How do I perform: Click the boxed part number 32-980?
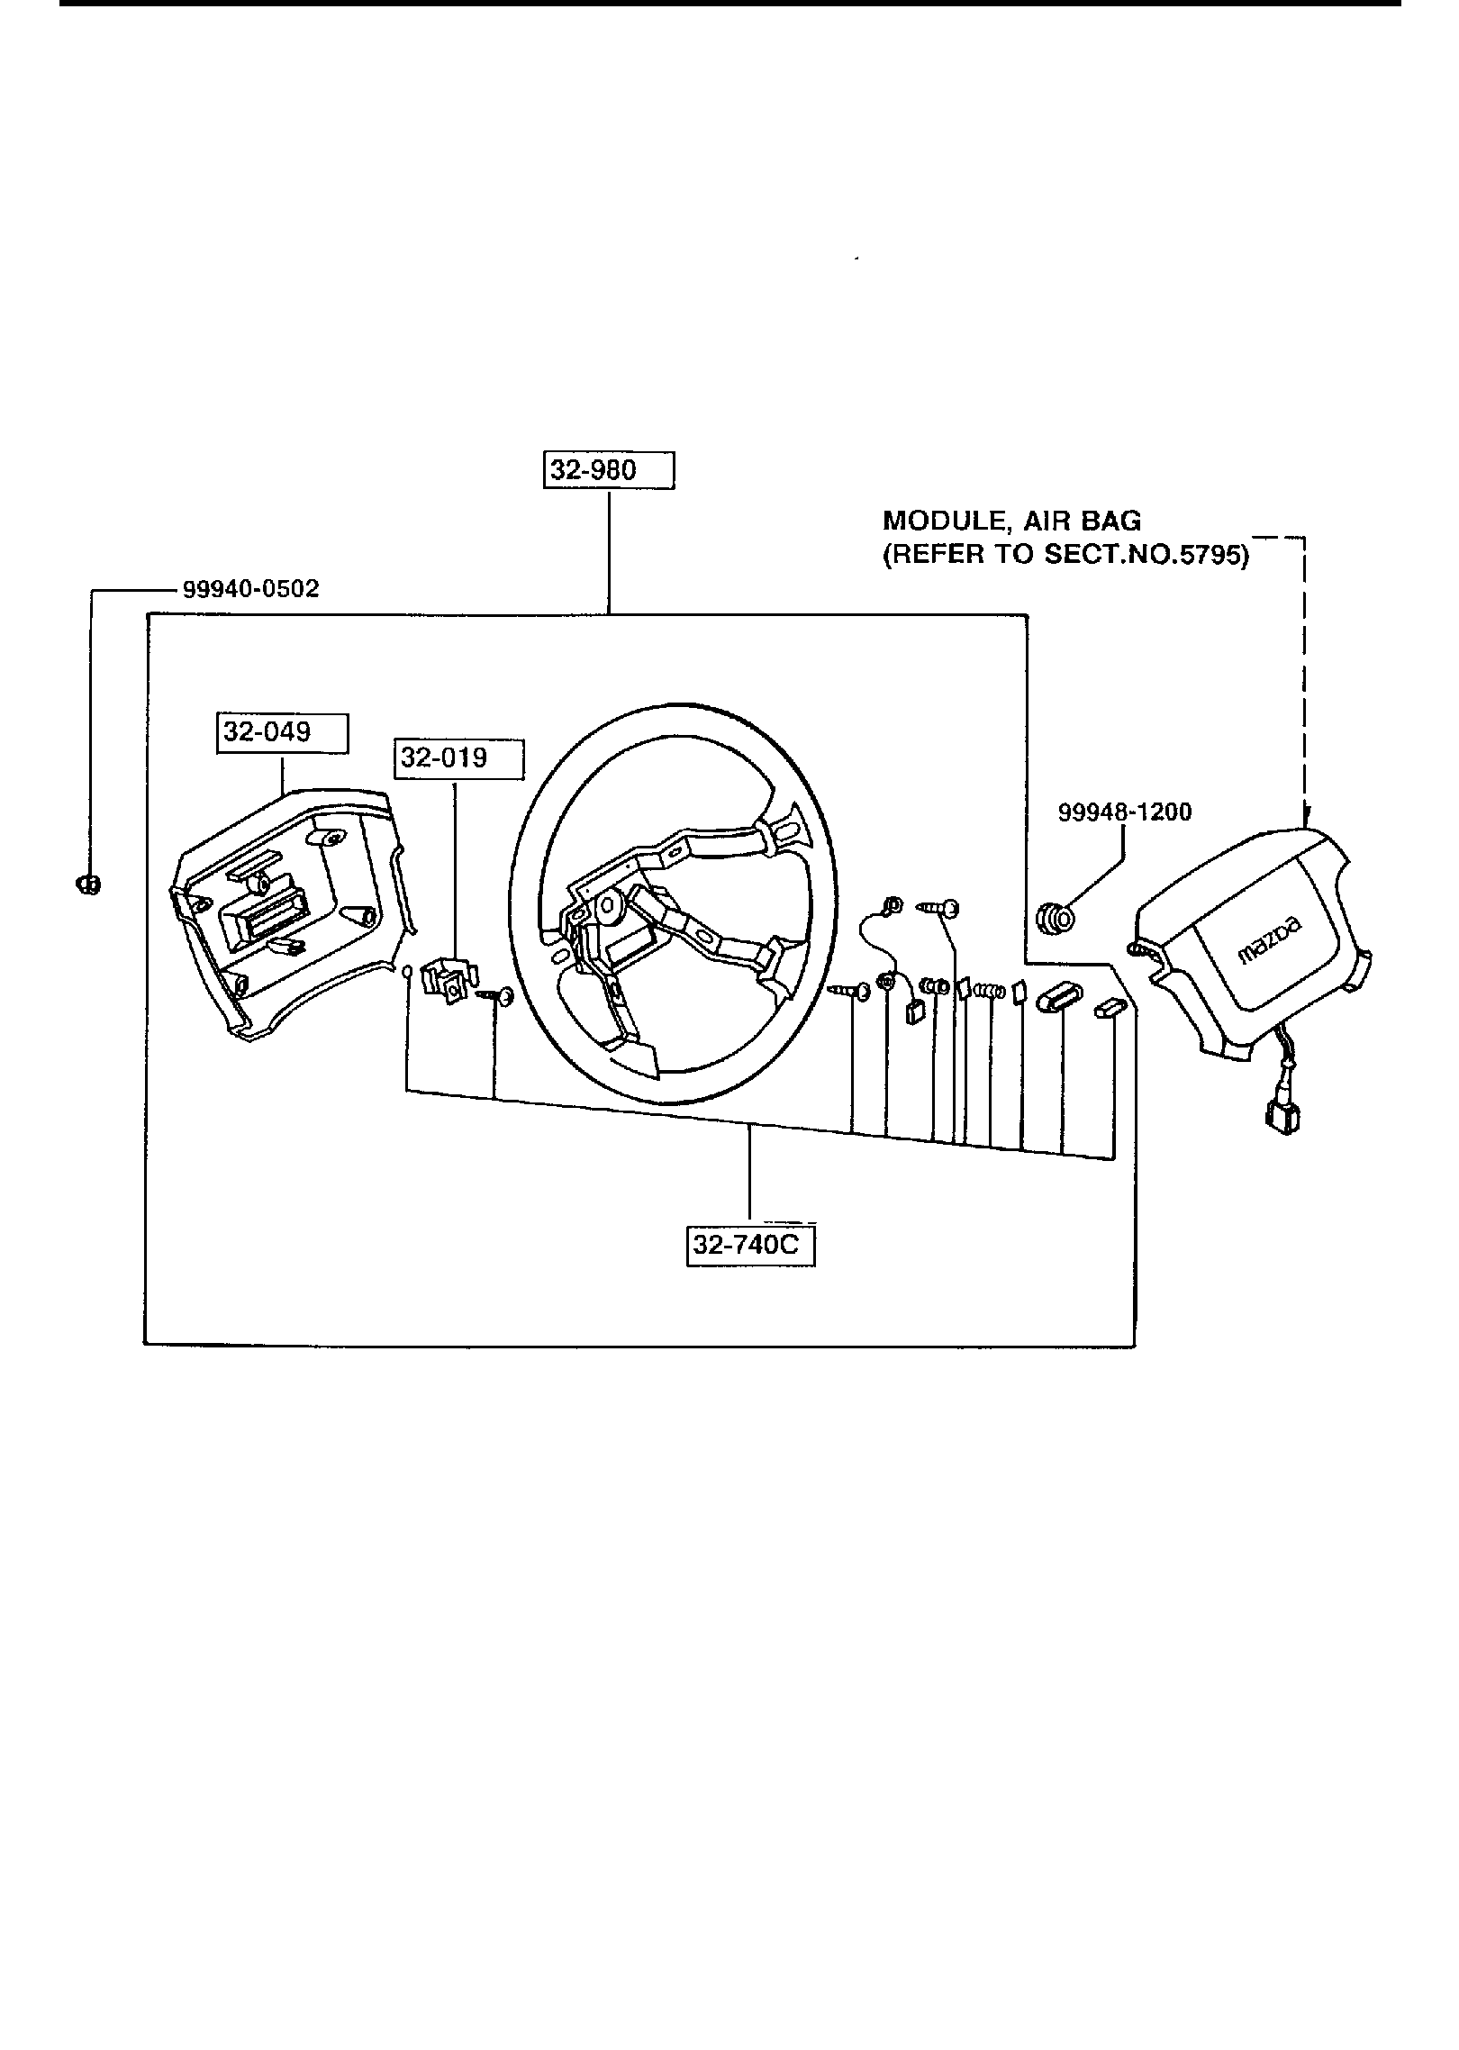coord(608,470)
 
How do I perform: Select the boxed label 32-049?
coord(281,732)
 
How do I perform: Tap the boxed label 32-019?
coord(458,758)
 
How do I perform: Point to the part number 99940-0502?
coord(250,589)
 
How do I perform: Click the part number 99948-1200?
coord(1124,812)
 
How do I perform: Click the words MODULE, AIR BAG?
coord(1011,521)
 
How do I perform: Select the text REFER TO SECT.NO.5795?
coord(1066,555)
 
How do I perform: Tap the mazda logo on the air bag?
coord(1270,940)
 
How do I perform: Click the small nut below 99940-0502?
coord(87,884)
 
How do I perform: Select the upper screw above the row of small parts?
coord(938,908)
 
